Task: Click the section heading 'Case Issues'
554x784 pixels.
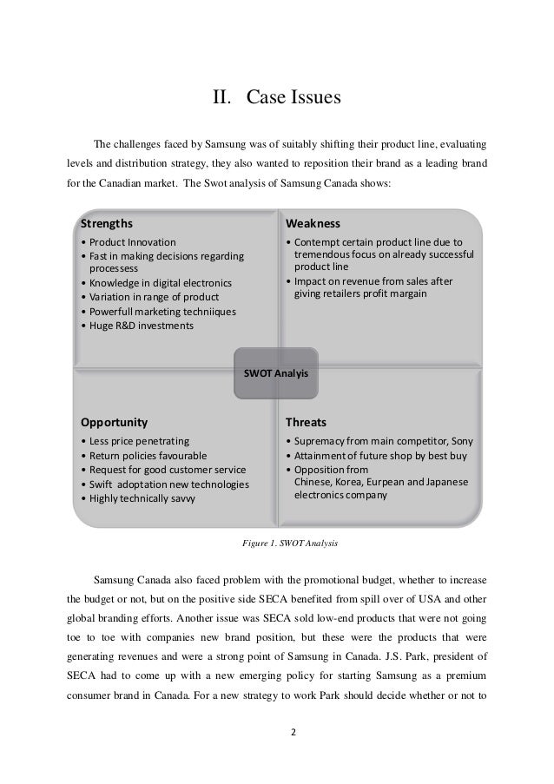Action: [x=293, y=97]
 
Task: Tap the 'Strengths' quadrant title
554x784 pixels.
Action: [x=107, y=222]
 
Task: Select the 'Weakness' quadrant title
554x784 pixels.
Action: [x=313, y=222]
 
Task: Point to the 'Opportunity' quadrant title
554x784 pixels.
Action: [x=114, y=423]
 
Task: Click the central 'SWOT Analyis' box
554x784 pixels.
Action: [x=276, y=372]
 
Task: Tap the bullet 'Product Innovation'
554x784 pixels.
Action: [x=131, y=242]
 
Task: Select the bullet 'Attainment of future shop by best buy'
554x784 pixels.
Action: [x=379, y=455]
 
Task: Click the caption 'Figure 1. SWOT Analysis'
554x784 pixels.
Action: [x=289, y=544]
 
